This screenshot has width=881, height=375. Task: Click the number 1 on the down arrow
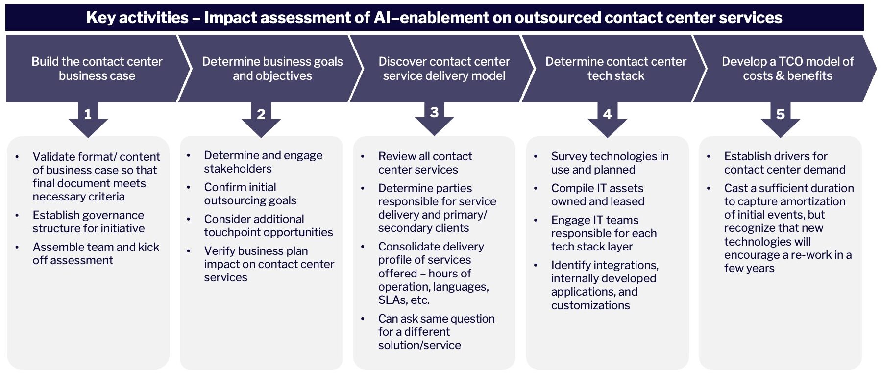(88, 114)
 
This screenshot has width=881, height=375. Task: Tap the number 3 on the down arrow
(434, 112)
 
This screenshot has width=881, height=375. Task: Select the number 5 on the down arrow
(780, 114)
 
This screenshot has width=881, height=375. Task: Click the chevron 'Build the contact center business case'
(97, 69)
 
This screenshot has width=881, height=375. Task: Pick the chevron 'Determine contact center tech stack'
(615, 69)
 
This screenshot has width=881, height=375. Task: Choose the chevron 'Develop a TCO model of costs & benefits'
(787, 69)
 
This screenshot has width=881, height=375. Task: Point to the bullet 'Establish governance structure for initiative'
(88, 222)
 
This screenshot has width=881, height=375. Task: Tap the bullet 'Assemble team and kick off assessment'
(96, 253)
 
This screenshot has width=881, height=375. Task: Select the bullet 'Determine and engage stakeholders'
(263, 162)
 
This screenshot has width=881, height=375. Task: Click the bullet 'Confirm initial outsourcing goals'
(250, 194)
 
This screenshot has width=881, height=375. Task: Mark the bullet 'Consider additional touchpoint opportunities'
(268, 225)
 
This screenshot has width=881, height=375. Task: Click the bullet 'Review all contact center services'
(425, 163)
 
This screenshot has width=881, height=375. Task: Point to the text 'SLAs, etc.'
(403, 300)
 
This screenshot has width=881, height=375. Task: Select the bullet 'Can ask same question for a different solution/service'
(436, 332)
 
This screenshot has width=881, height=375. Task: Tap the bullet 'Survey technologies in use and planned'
(610, 163)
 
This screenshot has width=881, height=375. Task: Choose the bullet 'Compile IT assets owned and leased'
(597, 195)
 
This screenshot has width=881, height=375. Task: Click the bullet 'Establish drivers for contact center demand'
(784, 163)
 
